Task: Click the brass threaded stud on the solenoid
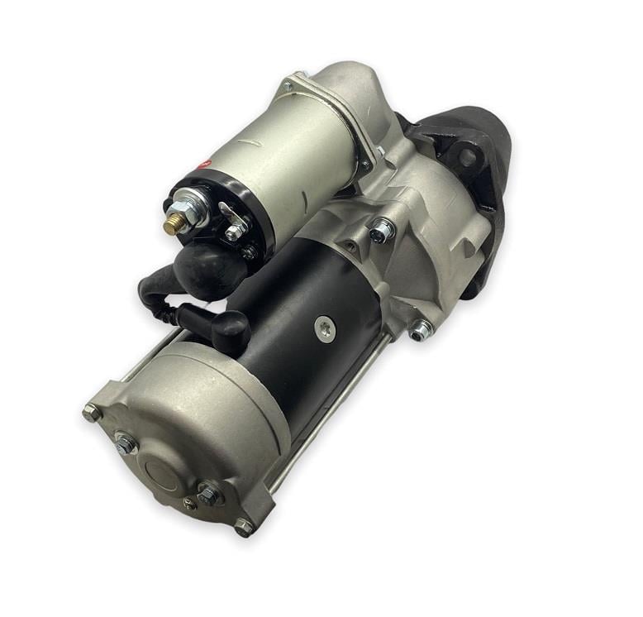[x=174, y=226]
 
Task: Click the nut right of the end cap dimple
[x=209, y=495]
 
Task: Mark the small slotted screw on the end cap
[x=190, y=504]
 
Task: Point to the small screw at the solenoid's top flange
[x=288, y=85]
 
